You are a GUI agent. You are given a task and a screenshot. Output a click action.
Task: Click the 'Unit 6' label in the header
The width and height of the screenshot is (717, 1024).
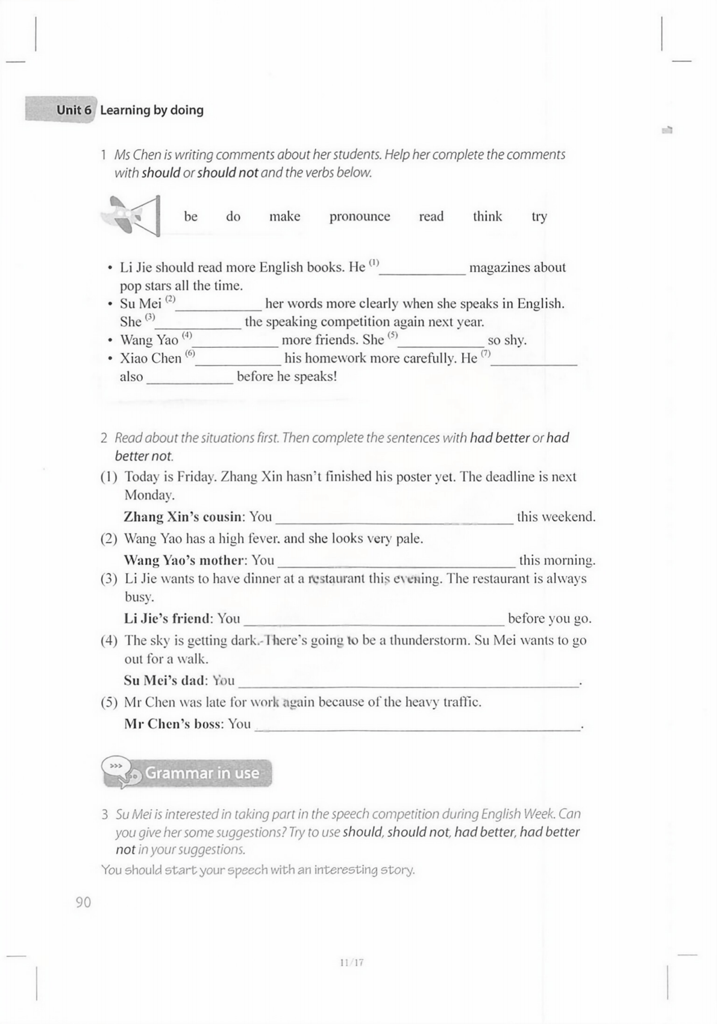point(74,110)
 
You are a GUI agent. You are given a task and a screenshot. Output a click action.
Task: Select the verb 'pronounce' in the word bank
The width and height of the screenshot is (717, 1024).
point(359,217)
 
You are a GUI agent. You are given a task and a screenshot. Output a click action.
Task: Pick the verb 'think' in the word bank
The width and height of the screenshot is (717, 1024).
point(487,217)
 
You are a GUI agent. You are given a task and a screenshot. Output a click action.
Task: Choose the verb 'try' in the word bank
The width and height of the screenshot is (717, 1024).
point(539,217)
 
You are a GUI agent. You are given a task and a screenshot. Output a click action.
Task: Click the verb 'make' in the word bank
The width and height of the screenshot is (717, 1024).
point(284,217)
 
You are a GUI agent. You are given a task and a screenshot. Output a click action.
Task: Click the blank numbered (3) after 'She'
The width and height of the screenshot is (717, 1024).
point(199,324)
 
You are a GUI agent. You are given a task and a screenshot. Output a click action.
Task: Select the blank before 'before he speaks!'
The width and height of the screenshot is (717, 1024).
point(190,379)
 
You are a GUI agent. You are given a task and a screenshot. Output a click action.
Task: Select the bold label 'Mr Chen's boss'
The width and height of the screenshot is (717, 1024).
point(173,724)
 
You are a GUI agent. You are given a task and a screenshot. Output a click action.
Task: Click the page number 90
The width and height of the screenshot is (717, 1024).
point(83,902)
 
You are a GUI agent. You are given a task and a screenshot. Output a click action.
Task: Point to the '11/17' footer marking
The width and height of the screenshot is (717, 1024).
point(351,963)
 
